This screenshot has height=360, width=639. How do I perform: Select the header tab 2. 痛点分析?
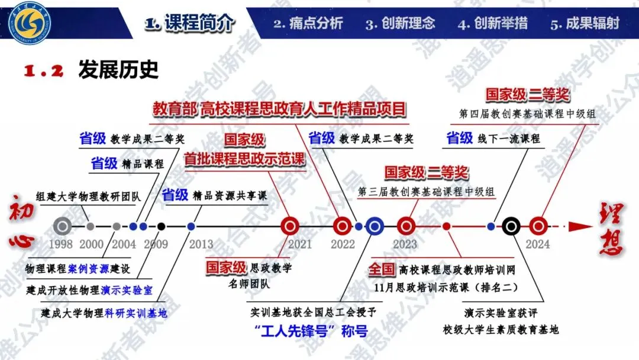point(308,24)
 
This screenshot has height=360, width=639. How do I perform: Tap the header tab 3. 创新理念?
point(401,24)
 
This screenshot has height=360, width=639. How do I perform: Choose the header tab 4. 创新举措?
point(493,24)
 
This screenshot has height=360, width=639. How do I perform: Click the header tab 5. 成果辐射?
point(585,24)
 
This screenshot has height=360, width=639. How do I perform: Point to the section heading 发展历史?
point(118,70)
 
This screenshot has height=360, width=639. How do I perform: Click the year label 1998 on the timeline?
point(62,243)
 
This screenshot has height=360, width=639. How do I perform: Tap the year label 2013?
point(201,243)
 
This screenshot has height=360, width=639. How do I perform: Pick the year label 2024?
point(538,243)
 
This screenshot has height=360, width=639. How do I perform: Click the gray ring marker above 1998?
point(62,226)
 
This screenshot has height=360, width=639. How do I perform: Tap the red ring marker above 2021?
point(290,226)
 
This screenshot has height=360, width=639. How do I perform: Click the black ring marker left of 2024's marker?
point(511,226)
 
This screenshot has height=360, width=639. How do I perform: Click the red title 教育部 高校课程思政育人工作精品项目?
point(279,109)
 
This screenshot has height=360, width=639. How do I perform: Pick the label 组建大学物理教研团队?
point(89,197)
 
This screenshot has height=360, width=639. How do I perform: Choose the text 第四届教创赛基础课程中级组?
point(527,114)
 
